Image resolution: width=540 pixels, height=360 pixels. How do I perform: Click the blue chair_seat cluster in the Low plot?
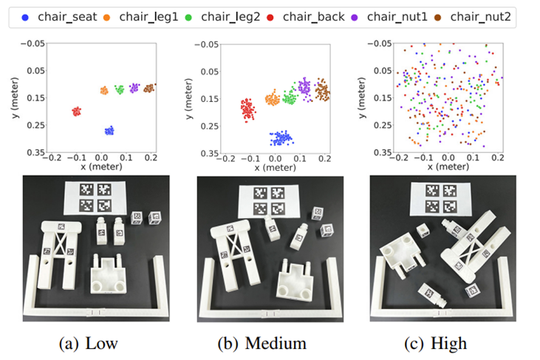109,130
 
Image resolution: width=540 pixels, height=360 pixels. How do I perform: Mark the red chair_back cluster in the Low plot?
76,111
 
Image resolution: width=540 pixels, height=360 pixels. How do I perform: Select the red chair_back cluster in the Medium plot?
249,109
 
